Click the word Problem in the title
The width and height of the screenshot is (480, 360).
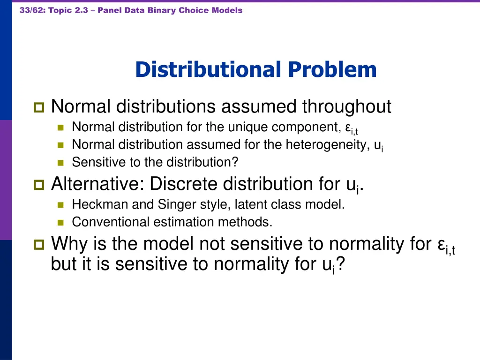pos(332,70)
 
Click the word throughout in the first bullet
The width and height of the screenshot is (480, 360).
pos(346,107)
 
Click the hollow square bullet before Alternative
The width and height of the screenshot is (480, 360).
pos(38,185)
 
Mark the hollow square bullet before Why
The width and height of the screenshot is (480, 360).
pos(38,245)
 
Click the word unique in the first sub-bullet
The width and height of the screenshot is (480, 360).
pos(251,127)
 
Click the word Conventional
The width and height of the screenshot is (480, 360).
pos(111,222)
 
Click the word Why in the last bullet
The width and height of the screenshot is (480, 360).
pos(68,244)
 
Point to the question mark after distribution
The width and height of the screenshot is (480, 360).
pos(236,162)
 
